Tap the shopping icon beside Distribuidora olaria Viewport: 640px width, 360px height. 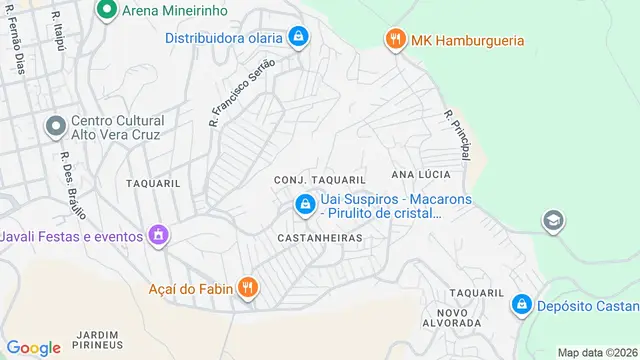click(298, 38)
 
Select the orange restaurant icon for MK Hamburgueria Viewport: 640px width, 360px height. click(396, 40)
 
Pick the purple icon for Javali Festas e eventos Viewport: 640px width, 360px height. click(157, 236)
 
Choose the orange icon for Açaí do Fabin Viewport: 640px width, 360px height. click(249, 290)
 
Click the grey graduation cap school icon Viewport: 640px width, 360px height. click(552, 220)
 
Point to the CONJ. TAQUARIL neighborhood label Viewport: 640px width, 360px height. click(313, 179)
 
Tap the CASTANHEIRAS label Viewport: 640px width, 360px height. click(319, 239)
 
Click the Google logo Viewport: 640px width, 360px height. click(33, 347)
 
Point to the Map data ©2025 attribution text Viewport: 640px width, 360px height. click(597, 352)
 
